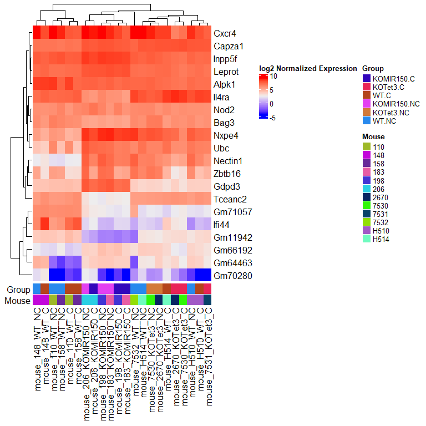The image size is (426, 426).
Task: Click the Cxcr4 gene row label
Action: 224,33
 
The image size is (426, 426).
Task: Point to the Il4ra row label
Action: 222,97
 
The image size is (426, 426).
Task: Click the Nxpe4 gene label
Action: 225,135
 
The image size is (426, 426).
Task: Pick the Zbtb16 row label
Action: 226,174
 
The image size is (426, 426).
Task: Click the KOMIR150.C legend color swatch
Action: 366,78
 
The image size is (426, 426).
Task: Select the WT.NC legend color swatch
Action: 366,120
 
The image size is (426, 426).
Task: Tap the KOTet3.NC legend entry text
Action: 391,112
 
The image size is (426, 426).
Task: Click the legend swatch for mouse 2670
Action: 366,197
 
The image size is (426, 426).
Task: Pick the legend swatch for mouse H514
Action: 366,239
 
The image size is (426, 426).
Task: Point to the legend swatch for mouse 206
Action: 366,189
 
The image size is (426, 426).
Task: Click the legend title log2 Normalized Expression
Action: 308,68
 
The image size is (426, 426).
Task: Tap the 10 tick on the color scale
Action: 274,77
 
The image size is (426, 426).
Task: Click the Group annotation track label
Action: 18,290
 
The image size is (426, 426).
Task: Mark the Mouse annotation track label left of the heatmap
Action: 18,301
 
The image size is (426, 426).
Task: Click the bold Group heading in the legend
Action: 373,68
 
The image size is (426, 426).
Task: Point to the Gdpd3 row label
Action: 225,186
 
